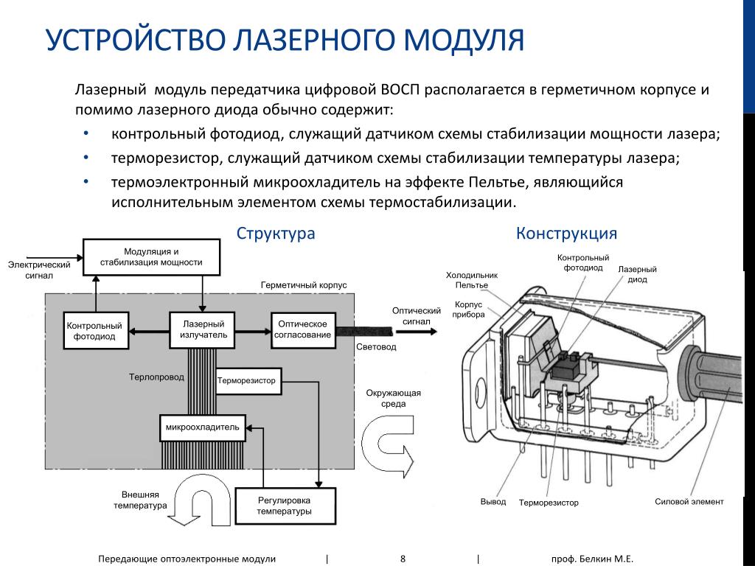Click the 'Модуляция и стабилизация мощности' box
[151, 256]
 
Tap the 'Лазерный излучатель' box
[203, 329]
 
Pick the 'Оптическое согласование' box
[302, 329]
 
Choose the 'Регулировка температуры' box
[285, 506]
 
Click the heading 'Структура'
[276, 234]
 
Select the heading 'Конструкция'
[566, 234]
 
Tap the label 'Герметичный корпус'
[304, 284]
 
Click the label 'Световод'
[376, 346]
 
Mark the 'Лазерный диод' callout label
[637, 274]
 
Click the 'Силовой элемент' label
[689, 501]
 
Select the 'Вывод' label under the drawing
[493, 501]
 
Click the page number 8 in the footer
[403, 559]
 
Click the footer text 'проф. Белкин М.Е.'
[592, 559]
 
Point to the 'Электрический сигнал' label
[39, 270]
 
